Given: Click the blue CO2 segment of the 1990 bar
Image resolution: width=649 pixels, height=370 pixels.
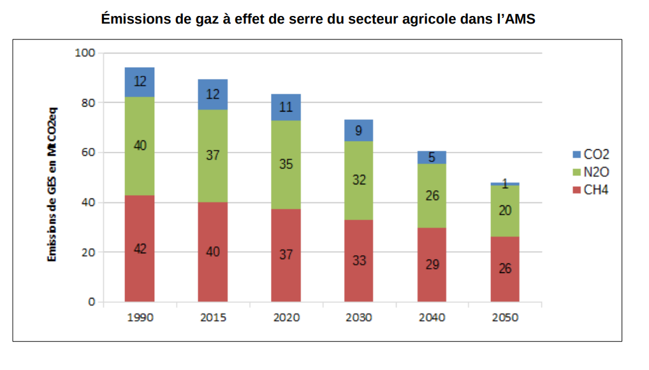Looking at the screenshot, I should tap(140, 82).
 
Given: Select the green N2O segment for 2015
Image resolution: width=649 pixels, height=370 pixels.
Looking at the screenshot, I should tap(213, 156).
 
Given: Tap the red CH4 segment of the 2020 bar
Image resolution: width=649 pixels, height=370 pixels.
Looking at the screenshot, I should tap(286, 255).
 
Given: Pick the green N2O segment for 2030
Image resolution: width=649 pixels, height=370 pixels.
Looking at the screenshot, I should tap(359, 180).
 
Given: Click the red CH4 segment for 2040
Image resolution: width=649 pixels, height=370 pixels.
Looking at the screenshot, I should tap(432, 264).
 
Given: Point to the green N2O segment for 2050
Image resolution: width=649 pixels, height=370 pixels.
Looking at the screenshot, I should tap(505, 211).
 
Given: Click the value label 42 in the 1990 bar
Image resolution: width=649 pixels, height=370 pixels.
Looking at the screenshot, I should tap(140, 249).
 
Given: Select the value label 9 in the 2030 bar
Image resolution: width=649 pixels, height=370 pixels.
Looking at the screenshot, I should tap(359, 131).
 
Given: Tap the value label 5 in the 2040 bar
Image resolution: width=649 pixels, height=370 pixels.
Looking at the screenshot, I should tap(432, 157).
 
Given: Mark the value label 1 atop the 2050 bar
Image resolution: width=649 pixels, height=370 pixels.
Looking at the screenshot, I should tap(505, 184).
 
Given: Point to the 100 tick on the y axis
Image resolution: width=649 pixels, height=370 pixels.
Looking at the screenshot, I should tap(84, 53).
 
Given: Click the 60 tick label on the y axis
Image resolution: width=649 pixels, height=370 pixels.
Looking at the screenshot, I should tap(87, 152).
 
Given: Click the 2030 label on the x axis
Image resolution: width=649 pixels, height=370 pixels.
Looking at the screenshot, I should tap(359, 318).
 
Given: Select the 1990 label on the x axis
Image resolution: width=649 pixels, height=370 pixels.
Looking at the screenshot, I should tap(140, 318).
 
